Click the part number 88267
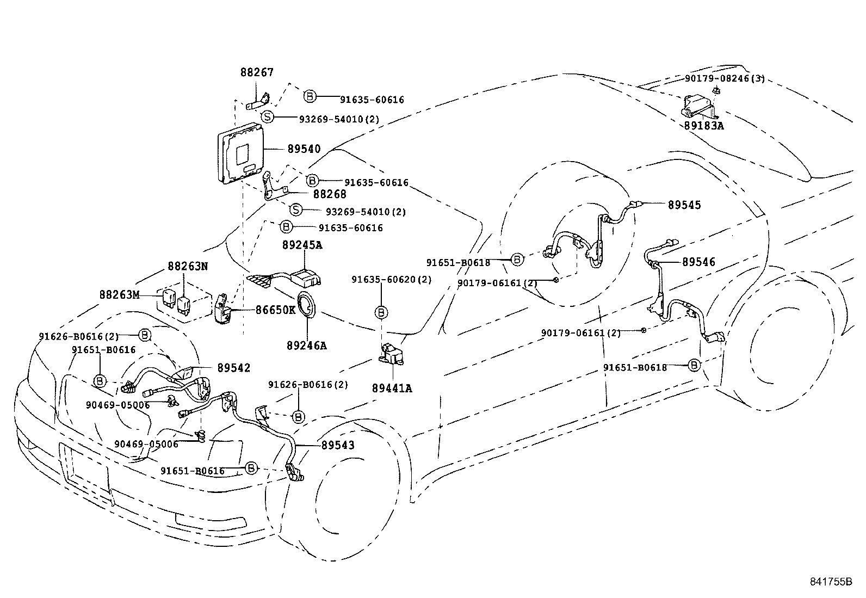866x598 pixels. pos(257,72)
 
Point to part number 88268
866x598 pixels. pos(329,194)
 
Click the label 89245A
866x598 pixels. pos(302,245)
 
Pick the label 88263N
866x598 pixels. pos(188,266)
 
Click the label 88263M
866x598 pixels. pos(119,294)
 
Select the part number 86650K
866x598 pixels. pos(275,310)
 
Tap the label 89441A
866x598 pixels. pos(392,388)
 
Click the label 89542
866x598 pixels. pos(234,368)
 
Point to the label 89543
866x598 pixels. pos(337,445)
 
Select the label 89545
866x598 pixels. pos(684,205)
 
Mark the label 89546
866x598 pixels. pos(698,262)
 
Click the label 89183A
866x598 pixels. pos(704,125)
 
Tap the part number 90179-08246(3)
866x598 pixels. pos(725,78)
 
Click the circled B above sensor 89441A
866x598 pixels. pos(382,312)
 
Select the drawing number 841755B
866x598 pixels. pos(830,581)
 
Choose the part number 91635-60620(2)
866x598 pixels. pos(391,279)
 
